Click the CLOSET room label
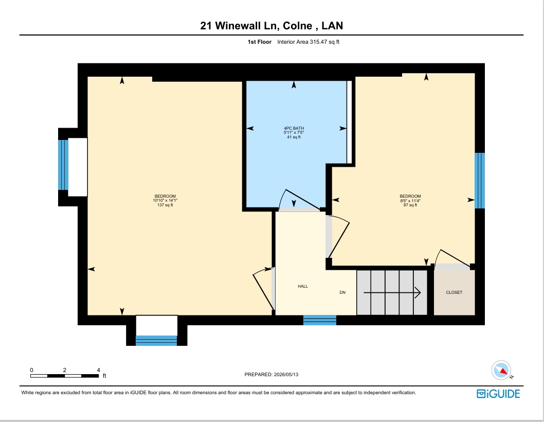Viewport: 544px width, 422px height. point(454,292)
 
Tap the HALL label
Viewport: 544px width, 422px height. point(303,286)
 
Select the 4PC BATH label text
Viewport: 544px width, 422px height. point(294,128)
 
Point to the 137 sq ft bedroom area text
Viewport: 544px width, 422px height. point(165,205)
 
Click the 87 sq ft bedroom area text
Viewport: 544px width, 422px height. point(410,205)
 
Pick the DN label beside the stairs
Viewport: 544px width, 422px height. point(342,292)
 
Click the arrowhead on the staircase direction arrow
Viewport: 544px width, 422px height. point(418,293)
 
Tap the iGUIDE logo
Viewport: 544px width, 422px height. point(498,394)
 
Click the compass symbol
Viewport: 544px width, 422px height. point(501,370)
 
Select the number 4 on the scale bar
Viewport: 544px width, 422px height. point(99,370)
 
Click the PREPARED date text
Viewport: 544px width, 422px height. point(271,375)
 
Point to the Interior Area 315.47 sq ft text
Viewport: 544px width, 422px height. point(308,42)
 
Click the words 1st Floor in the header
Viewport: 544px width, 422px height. point(260,42)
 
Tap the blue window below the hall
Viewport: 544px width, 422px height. point(320,320)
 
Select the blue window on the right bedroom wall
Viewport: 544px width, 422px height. point(479,181)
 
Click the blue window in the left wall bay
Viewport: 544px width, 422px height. point(63,165)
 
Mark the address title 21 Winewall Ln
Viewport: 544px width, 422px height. point(240,26)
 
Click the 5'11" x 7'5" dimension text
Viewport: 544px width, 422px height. point(294,133)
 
